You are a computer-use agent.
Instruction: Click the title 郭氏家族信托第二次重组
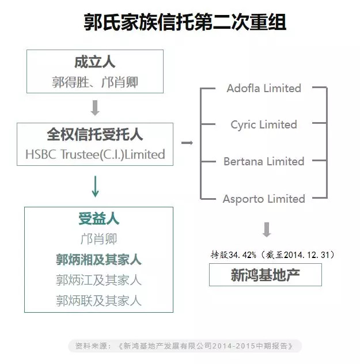[185, 22]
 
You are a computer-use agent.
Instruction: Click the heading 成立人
[94, 62]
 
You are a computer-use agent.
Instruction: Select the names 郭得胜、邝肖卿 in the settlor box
[95, 82]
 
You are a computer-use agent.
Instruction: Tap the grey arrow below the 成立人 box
[95, 108]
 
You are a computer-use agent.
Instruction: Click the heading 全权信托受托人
[94, 134]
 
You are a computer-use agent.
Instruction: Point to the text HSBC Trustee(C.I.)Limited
[95, 154]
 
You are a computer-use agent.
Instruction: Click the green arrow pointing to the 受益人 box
[95, 187]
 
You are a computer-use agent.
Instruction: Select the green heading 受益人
[98, 219]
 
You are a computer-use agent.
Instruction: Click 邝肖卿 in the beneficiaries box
[98, 239]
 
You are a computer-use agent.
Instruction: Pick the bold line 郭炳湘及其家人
[98, 260]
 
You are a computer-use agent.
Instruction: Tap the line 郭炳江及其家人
[98, 280]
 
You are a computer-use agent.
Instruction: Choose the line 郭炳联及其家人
[98, 301]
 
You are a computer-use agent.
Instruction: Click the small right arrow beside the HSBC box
[187, 142]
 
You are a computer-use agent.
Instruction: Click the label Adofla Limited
[264, 88]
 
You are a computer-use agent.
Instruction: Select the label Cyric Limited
[264, 125]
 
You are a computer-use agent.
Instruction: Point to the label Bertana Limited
[264, 161]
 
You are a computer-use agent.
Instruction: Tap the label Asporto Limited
[264, 199]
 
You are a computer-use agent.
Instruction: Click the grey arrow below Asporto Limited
[267, 230]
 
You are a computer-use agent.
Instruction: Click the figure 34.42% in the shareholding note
[242, 255]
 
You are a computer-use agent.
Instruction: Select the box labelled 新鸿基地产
[266, 275]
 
